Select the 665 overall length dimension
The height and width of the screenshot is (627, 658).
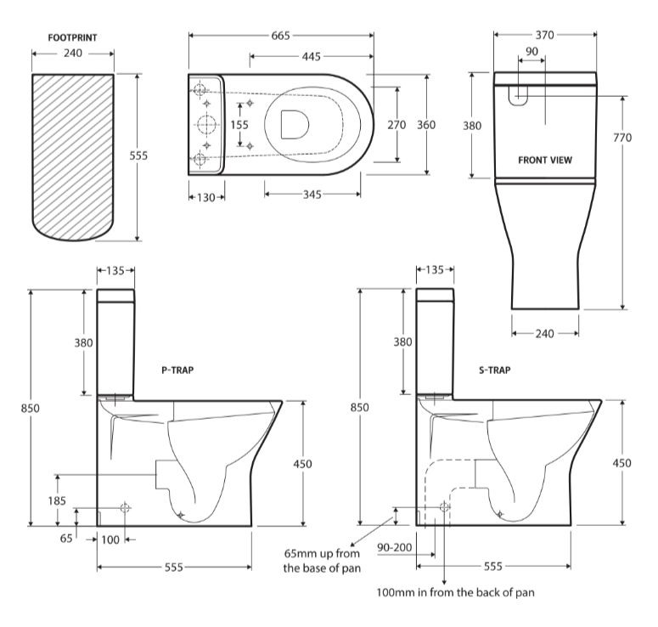pos(281,36)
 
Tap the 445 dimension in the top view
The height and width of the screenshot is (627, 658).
pos(310,56)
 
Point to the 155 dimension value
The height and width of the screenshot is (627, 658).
pos(239,125)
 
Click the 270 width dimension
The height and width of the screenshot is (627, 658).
pos(396,125)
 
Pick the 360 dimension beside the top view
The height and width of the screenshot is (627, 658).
pos(426,125)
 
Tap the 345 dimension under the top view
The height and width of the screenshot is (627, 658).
pos(312,195)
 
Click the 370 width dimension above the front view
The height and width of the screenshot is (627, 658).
pos(544,36)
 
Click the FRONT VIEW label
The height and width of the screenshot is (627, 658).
pos(545,159)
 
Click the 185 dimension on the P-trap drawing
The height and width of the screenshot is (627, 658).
pos(56,501)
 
